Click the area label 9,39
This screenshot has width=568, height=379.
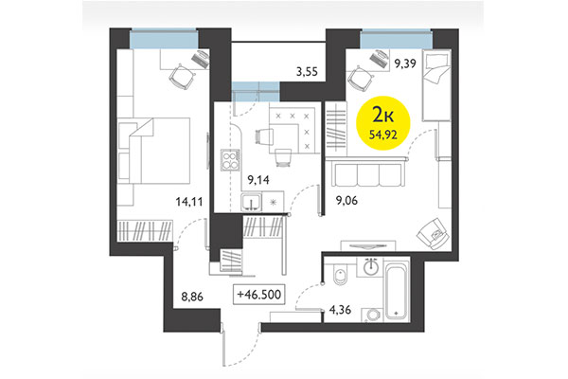[406, 64]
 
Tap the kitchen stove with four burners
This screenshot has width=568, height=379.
[229, 160]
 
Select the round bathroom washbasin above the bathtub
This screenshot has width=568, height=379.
[372, 267]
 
